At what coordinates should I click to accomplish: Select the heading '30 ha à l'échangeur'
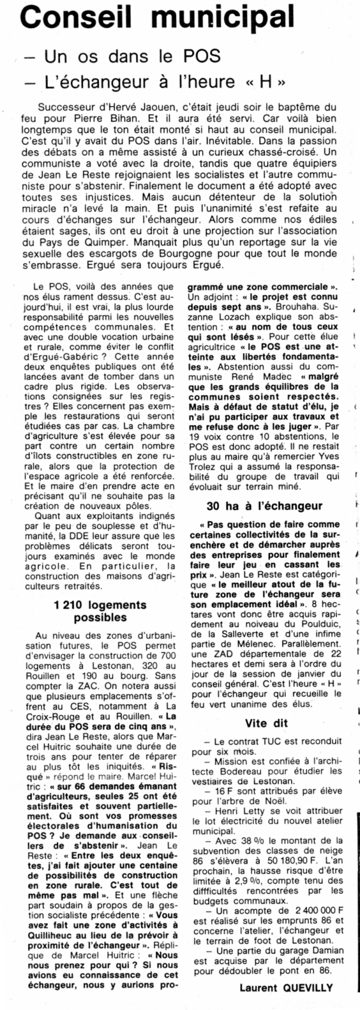click(x=265, y=506)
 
